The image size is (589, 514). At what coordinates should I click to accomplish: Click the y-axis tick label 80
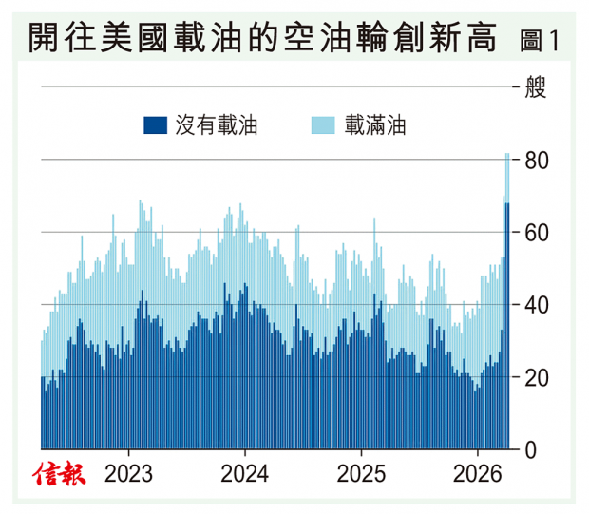pyautogui.click(x=537, y=161)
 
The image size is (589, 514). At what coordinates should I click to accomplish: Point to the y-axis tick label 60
pyautogui.click(x=537, y=233)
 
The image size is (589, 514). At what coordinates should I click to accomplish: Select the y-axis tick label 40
pyautogui.click(x=537, y=305)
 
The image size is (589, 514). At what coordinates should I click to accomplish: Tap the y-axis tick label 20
pyautogui.click(x=537, y=377)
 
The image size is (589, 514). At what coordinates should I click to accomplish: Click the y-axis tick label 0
pyautogui.click(x=531, y=449)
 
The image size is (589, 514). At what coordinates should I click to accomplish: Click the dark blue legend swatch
pyautogui.click(x=156, y=125)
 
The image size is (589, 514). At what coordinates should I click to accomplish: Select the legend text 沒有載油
pyautogui.click(x=216, y=125)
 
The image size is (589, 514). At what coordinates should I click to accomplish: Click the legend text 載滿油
pyautogui.click(x=376, y=125)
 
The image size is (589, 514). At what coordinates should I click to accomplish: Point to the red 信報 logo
pyautogui.click(x=58, y=473)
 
